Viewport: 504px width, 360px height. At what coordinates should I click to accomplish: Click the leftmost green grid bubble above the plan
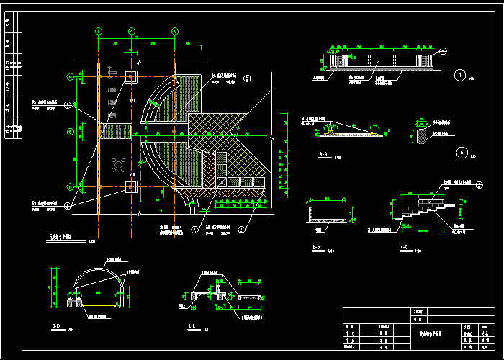tap(99, 31)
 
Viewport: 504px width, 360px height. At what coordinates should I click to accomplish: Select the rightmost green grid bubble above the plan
tap(174, 31)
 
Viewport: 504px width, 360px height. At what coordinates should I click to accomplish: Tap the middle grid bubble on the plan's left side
tap(70, 131)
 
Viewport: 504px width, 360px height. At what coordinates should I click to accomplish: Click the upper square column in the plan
tap(130, 77)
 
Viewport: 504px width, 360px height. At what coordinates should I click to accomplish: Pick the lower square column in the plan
tap(130, 186)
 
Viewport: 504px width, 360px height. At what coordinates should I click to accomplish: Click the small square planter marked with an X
tap(222, 184)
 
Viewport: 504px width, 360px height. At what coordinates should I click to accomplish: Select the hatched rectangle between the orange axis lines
tap(115, 131)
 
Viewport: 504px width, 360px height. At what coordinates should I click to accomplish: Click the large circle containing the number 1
tap(460, 74)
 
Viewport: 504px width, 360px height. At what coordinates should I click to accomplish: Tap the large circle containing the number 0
tap(462, 152)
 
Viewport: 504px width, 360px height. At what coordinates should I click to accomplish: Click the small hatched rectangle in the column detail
tap(422, 135)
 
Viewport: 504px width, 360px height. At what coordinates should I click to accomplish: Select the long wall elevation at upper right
tap(379, 62)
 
